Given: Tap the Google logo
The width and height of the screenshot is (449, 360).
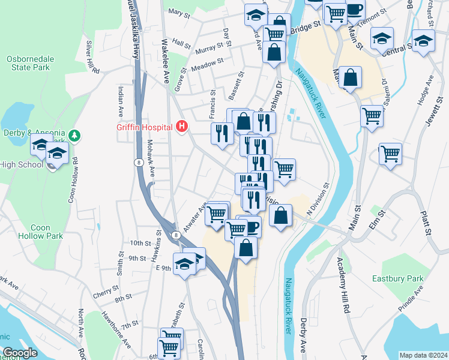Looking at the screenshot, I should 20,353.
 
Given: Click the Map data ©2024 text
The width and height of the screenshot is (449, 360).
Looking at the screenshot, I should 423,355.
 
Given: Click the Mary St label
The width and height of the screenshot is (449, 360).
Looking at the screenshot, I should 179,11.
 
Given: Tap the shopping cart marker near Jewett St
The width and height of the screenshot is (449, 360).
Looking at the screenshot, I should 390,154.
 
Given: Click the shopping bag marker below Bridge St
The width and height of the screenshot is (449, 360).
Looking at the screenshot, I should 274,53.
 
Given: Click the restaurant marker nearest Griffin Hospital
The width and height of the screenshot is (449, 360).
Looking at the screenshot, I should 223,133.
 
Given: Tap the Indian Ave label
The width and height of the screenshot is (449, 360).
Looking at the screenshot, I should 121,101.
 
